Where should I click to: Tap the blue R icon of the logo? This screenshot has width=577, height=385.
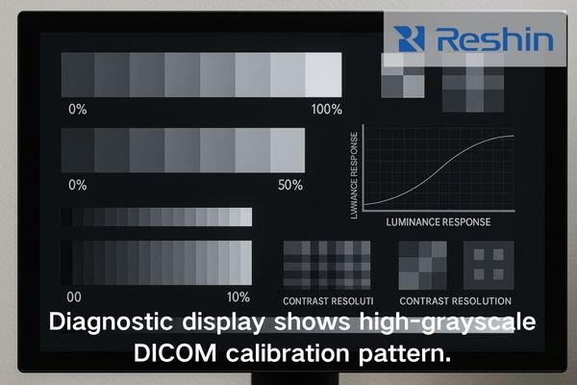tap(411, 39)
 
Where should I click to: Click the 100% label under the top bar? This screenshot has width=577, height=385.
tap(326, 109)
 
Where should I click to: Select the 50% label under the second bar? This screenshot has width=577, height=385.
tap(290, 184)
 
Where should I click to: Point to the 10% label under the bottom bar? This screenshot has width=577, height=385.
tap(238, 295)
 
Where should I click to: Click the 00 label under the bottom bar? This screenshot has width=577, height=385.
tap(72, 295)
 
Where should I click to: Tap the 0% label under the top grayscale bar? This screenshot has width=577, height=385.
tap(77, 109)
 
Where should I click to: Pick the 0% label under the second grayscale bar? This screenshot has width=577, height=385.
tap(77, 184)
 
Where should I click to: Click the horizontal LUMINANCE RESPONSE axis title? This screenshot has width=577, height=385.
tap(438, 221)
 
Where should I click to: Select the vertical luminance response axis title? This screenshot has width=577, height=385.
tap(355, 170)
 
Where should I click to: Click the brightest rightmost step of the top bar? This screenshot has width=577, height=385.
tap(323, 72)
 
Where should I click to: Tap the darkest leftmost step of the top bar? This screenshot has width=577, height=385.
tap(78, 72)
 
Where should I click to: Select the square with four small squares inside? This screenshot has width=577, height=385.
tap(489, 263)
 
